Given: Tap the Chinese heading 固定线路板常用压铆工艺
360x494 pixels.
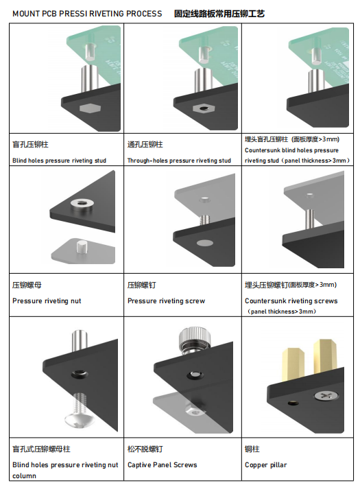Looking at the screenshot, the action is tap(219, 14).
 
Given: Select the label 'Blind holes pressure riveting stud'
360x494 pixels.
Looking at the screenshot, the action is tap(59, 161).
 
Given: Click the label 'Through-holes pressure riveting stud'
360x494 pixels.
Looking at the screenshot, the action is tap(179, 161).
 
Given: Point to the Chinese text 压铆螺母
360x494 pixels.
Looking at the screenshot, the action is tap(27, 285).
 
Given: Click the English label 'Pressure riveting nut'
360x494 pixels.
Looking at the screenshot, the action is tap(47, 301).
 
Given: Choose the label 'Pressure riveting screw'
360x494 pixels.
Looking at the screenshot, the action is tap(167, 301).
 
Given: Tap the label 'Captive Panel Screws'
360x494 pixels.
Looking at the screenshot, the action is tap(163, 464).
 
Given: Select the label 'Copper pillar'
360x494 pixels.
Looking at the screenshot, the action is tap(266, 465).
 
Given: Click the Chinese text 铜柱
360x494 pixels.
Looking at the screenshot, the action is tap(252, 449).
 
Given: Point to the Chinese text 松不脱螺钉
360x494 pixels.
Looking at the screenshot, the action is tap(145, 449).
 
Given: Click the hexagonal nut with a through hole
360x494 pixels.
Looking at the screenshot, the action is tap(204, 108).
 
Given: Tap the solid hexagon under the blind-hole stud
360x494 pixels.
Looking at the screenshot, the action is tap(90, 108).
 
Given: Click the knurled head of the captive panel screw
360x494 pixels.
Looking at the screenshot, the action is tap(190, 338).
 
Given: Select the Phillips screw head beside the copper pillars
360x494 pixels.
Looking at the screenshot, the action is tap(326, 395).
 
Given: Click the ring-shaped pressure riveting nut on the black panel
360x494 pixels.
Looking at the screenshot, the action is tap(81, 204).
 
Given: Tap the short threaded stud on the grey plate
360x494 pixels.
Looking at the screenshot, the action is tap(82, 246).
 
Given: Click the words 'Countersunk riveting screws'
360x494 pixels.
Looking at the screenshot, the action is tap(291, 301).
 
